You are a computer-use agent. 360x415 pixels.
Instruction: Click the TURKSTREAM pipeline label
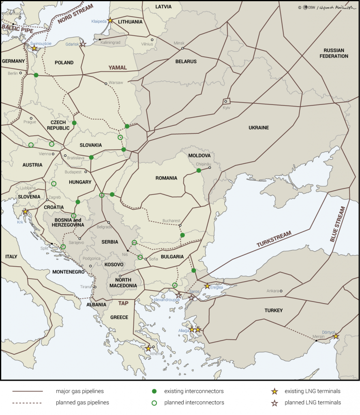[x=274, y=239]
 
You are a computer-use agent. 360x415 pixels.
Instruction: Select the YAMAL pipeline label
[x=117, y=68]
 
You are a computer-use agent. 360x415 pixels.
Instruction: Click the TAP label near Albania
[x=123, y=303]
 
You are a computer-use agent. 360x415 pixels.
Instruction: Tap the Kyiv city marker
[x=226, y=101]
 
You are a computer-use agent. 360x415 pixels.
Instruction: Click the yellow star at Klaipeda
[x=110, y=20]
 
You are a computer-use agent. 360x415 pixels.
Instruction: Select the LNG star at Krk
[x=25, y=212]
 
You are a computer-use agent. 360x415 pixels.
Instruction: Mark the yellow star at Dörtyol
[x=335, y=336]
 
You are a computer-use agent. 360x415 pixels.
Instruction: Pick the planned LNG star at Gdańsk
[x=83, y=44]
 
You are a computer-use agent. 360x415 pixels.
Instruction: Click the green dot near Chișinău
[x=199, y=171]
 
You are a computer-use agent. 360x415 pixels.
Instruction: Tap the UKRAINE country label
[x=259, y=128]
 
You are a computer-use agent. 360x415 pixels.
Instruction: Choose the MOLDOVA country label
[x=199, y=156]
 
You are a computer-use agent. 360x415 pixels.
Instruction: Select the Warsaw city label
[x=116, y=83]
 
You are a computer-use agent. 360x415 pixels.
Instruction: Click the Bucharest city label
[x=171, y=221]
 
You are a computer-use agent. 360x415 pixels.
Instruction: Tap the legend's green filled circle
[x=154, y=391]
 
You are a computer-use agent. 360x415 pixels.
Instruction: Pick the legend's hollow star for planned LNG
[x=274, y=403]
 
